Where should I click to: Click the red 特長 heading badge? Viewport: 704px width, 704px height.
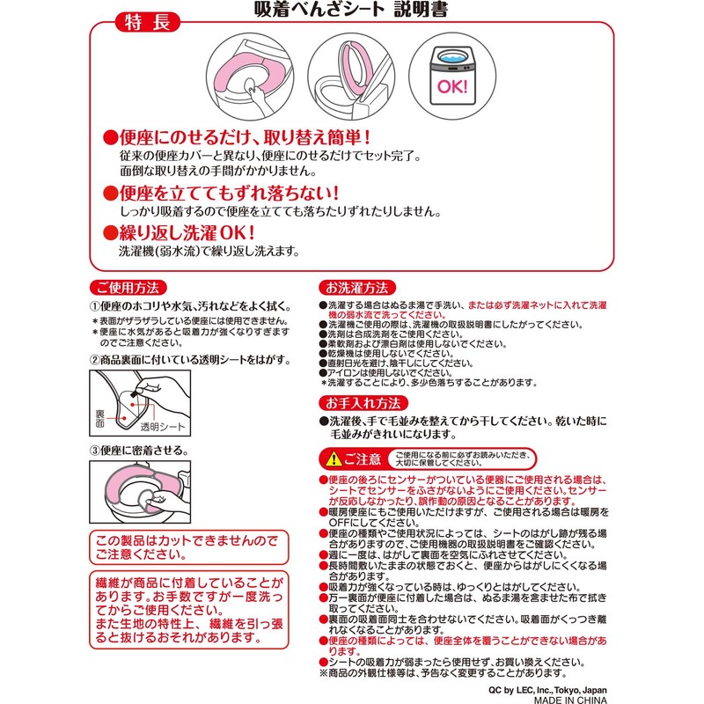point(147,22)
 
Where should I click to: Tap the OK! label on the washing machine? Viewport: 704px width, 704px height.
point(452,86)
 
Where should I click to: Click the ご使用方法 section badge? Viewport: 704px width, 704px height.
point(128,288)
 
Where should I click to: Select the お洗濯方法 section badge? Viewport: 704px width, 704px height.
point(357,288)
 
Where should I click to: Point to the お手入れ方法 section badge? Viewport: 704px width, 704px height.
point(363,403)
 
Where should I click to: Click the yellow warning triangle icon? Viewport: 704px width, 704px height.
point(334,458)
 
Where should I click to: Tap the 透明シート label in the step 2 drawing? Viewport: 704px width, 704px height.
point(163,427)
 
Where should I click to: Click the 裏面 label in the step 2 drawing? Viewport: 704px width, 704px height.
point(99,418)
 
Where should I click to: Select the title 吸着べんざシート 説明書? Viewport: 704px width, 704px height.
point(351,9)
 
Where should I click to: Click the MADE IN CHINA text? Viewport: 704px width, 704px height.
point(570,700)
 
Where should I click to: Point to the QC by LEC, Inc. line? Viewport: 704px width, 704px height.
point(547,690)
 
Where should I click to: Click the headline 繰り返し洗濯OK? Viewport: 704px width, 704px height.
point(180,232)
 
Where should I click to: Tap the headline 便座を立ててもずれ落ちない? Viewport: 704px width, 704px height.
point(221,193)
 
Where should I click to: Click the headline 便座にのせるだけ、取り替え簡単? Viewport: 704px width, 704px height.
point(237,137)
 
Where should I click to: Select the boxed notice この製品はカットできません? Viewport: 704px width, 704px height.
point(189,547)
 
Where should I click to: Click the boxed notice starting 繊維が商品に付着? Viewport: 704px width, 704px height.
point(189,610)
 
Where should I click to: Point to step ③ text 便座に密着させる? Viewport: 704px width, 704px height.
point(139,451)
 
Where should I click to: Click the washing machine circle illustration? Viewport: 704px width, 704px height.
point(452,77)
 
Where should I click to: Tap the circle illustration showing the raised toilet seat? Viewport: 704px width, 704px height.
point(351,77)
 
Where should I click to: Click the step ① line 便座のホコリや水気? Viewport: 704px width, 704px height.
point(191,306)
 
